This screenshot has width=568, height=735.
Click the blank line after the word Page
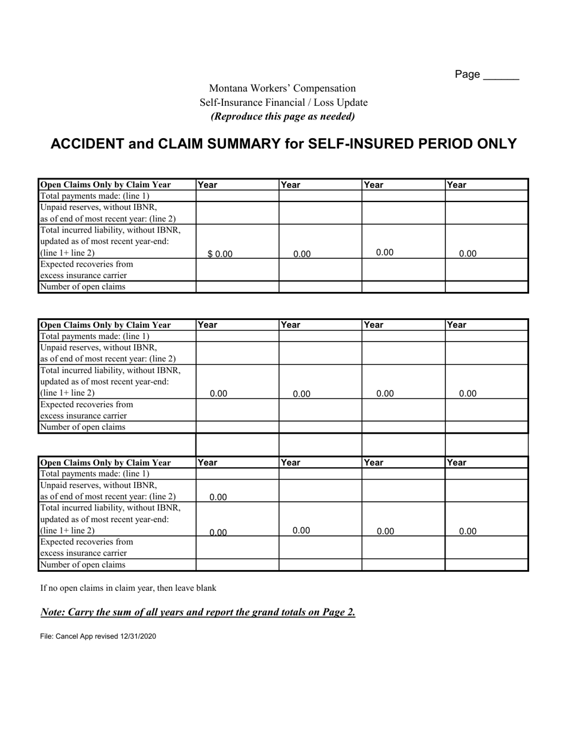point(500,77)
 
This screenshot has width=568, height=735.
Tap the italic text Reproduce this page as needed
point(283,116)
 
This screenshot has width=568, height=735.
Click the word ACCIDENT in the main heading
point(87,144)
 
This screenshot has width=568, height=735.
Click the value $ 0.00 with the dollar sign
point(220,254)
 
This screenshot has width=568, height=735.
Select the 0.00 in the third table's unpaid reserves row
point(218,497)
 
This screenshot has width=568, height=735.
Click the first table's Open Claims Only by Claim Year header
point(105,185)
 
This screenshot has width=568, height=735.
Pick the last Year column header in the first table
point(457,185)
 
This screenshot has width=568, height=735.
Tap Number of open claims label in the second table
point(83,427)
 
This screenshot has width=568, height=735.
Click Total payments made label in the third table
point(94,474)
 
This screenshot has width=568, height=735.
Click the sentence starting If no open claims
point(128,588)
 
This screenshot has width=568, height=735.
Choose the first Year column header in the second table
point(207,325)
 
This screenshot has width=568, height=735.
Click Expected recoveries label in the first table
point(87,264)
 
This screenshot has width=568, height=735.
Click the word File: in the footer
point(47,636)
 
